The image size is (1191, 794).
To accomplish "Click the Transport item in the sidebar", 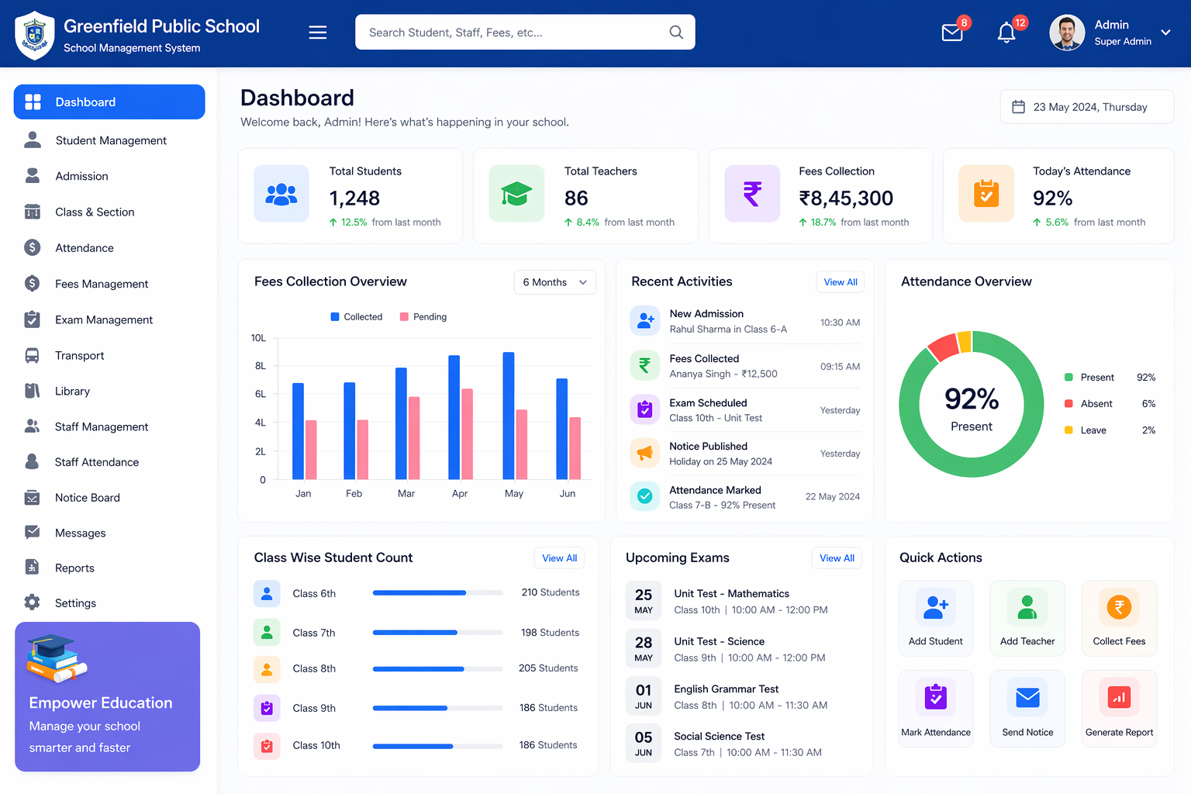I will [79, 355].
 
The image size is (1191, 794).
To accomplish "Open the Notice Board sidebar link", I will [87, 498].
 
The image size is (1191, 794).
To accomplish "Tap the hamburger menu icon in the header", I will [318, 33].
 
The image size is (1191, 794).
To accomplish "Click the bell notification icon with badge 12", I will [1006, 33].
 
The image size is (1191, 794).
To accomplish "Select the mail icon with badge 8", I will [952, 33].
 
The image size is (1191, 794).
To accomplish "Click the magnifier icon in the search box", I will [676, 33].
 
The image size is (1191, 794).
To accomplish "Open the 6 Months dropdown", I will [554, 282].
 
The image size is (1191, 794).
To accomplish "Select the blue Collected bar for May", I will [509, 416].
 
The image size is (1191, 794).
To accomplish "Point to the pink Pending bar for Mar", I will [414, 438].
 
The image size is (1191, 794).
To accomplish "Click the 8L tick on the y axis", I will [261, 366].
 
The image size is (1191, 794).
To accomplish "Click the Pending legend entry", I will [423, 317].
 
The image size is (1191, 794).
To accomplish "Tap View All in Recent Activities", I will [841, 282].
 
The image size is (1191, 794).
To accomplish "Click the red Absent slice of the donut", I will [942, 347].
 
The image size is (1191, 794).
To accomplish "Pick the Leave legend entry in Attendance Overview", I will [1093, 430].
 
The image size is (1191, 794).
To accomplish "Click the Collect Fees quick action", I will [1119, 617].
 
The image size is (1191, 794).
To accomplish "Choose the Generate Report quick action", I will [1119, 708].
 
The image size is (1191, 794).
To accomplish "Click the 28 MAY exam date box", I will [644, 648].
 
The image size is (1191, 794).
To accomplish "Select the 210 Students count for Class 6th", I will [551, 592].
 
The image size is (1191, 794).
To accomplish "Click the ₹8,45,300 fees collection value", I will [846, 198].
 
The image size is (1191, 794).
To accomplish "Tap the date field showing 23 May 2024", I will [1087, 107].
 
